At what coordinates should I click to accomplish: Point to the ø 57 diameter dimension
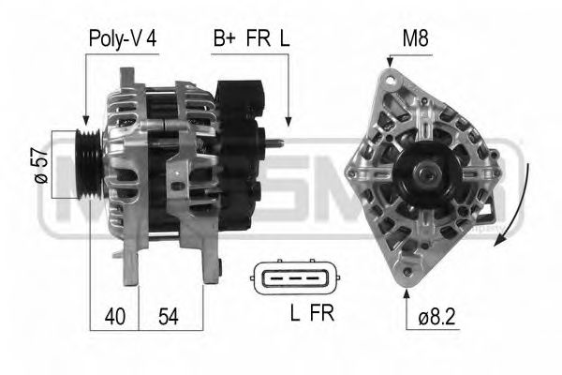(x=38, y=167)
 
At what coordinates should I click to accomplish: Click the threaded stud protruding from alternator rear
(x=274, y=142)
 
